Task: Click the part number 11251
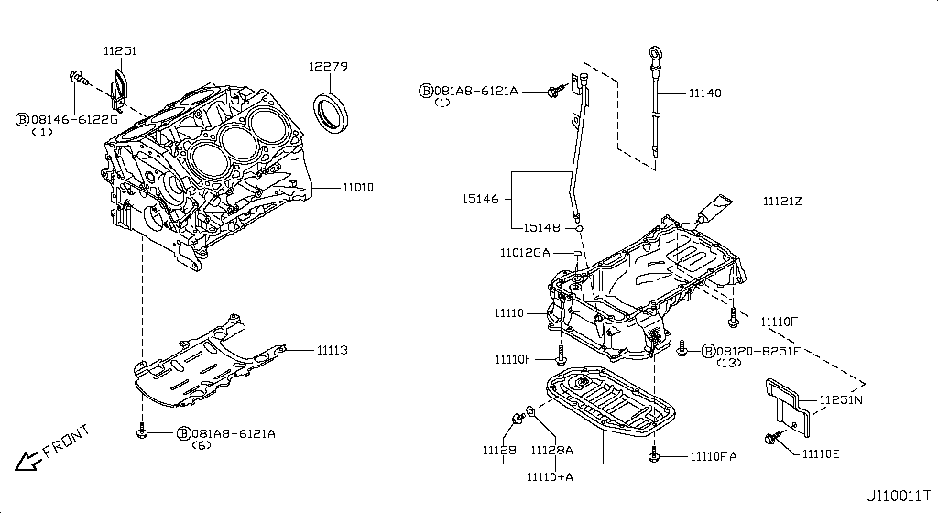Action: (119, 52)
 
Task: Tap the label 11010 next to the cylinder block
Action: (357, 188)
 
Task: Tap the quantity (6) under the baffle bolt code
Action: (202, 445)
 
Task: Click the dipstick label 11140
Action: (704, 93)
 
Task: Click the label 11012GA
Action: (525, 252)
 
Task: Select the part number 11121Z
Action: (780, 201)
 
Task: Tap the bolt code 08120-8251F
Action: (757, 351)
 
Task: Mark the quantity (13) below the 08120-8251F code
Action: (729, 364)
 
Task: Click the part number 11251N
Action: (841, 400)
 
